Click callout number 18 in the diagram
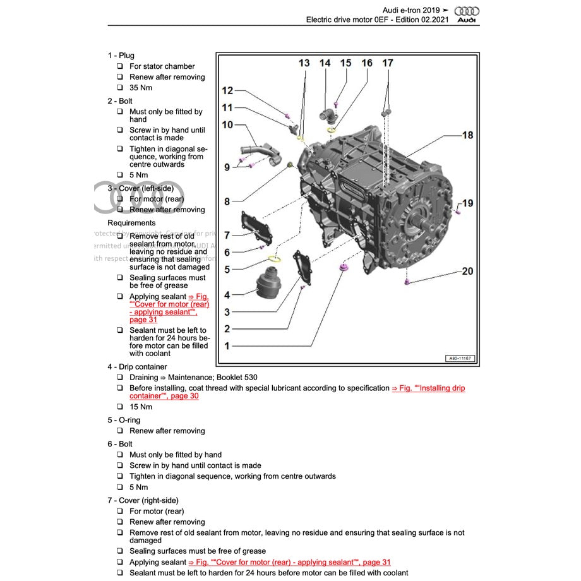(467, 135)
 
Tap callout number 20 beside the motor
(467, 272)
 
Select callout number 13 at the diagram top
(304, 63)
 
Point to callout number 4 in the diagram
(227, 294)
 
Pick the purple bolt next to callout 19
(458, 212)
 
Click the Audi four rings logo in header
(467, 11)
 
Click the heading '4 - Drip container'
(137, 367)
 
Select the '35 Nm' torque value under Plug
(141, 88)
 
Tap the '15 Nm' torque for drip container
(141, 407)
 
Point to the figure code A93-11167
(460, 359)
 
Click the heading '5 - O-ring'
(124, 420)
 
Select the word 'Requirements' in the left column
(131, 223)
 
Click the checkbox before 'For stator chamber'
(120, 66)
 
